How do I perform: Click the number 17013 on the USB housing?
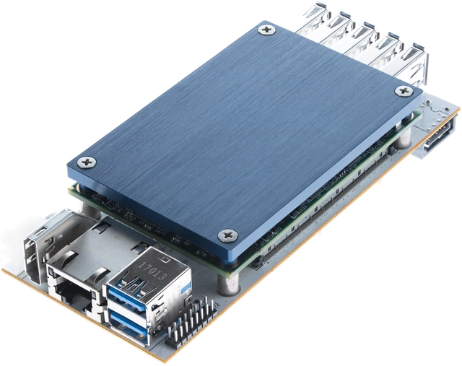pyautogui.click(x=151, y=270)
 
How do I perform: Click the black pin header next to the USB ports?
pyautogui.click(x=192, y=321)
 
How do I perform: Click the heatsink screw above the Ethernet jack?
pyautogui.click(x=87, y=162)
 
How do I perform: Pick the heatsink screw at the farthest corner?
pyautogui.click(x=266, y=30)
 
